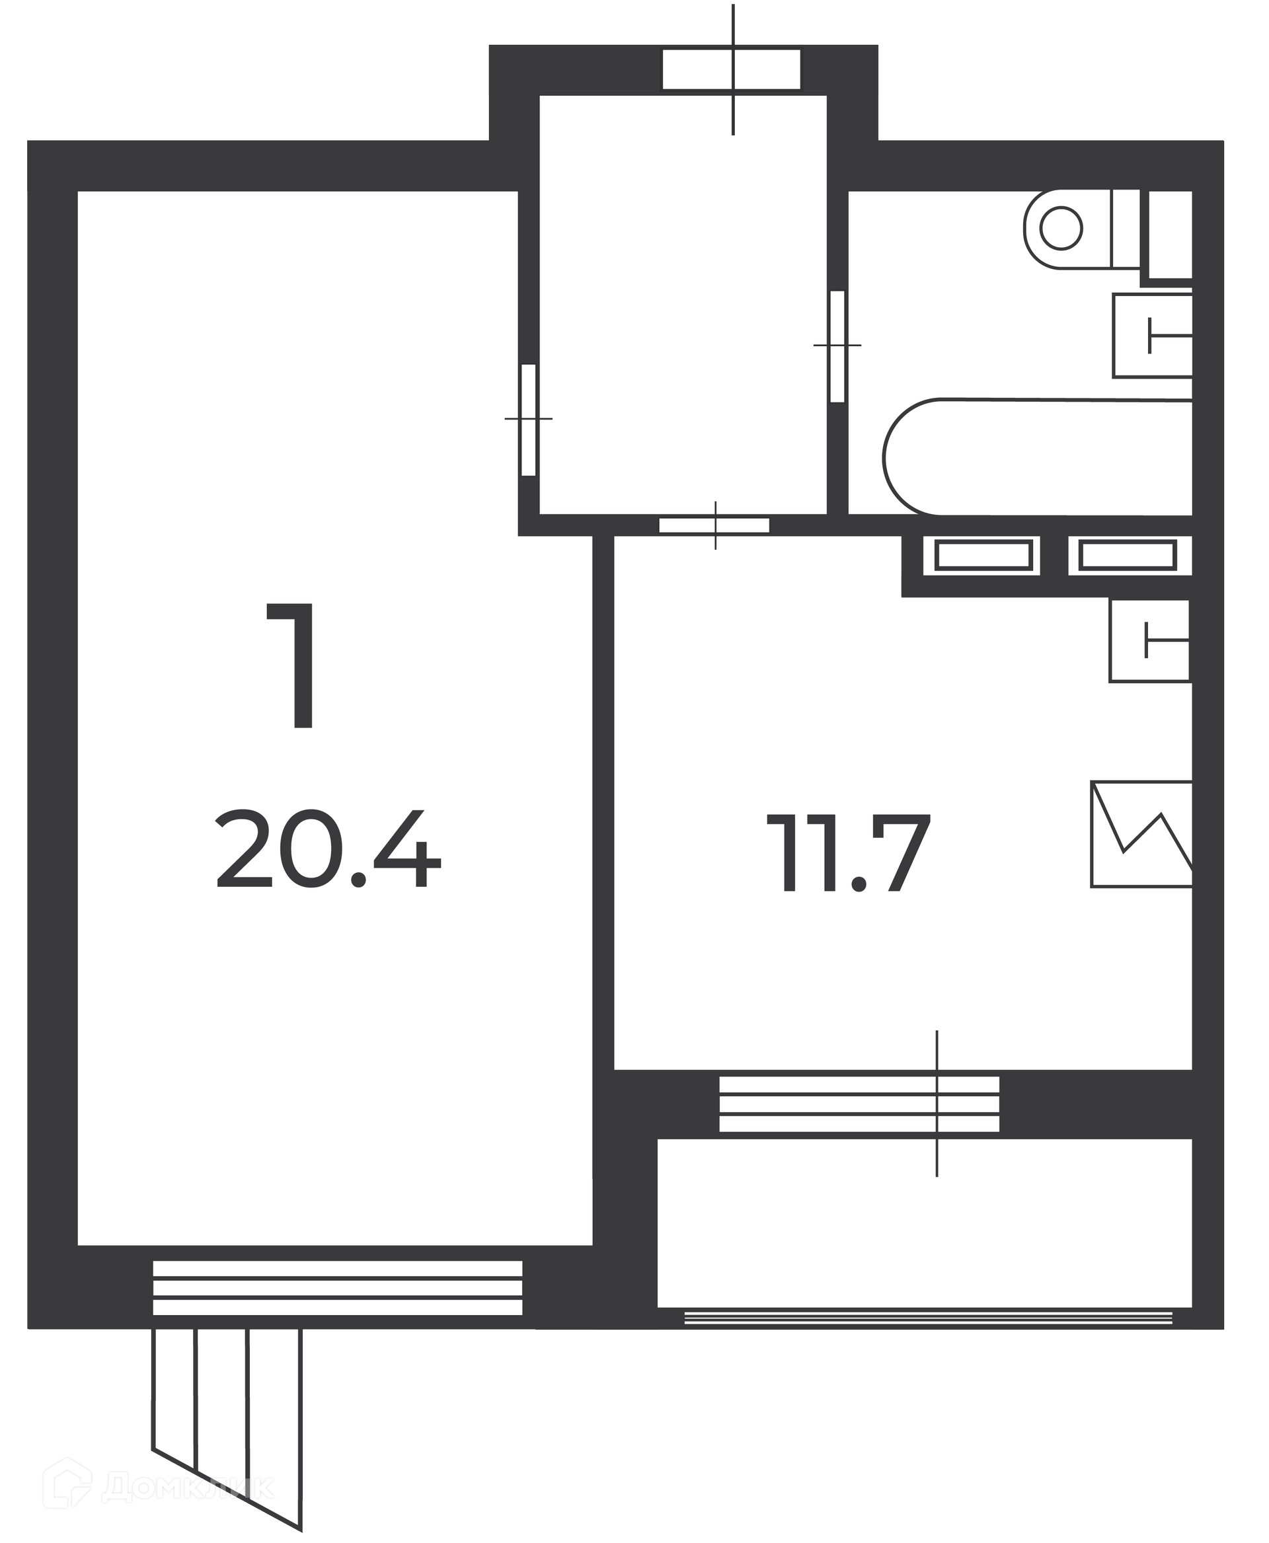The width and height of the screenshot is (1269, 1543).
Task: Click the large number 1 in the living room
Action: tap(292, 666)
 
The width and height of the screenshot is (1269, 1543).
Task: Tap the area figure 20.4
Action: tap(328, 848)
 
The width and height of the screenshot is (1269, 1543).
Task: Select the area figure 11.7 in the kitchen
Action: tap(848, 853)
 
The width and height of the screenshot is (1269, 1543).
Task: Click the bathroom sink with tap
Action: tap(1153, 336)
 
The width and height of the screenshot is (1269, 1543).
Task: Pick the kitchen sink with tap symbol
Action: tap(1150, 640)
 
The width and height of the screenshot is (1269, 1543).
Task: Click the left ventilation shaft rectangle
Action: tap(983, 556)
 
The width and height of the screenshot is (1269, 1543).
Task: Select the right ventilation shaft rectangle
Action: tap(1128, 556)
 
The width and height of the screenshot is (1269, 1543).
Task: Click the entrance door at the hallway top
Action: tap(732, 69)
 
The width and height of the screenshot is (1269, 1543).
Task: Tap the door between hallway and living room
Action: tap(529, 420)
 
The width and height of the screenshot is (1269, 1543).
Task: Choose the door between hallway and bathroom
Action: tap(837, 346)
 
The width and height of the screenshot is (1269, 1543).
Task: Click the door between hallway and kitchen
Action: tap(714, 525)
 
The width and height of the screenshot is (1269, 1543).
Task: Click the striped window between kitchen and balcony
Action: tap(859, 1104)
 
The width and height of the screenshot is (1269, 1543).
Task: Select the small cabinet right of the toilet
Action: tap(1171, 234)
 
